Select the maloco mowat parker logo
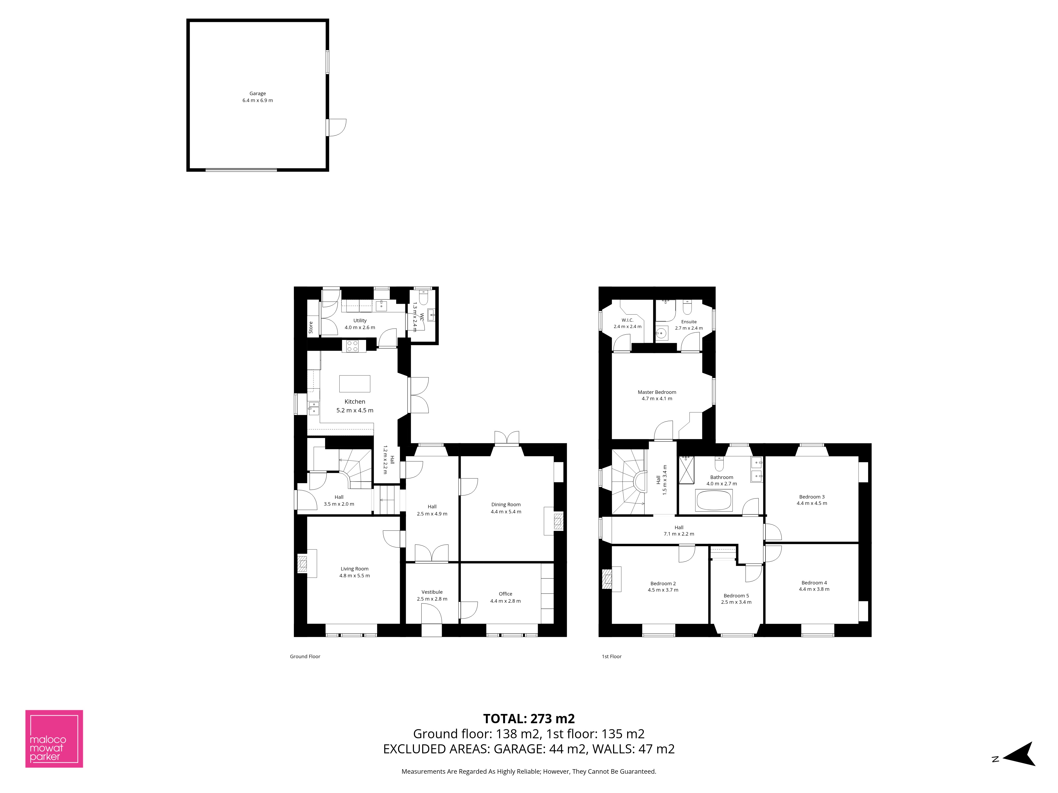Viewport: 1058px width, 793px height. coord(54,739)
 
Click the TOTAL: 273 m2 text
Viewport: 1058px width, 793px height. coord(529,718)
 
